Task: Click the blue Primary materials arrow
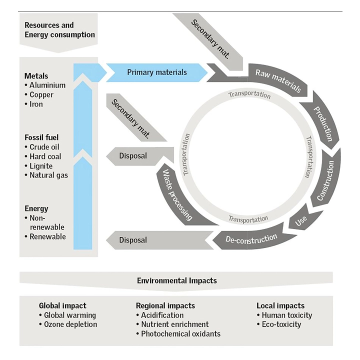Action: (156, 72)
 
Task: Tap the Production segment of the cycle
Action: (322, 122)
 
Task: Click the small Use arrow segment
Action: (301, 220)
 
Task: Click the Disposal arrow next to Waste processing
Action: (132, 156)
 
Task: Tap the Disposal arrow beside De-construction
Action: (133, 240)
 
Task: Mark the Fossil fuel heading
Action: (43, 137)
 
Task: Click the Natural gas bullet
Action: (48, 175)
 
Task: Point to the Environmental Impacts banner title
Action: (176, 280)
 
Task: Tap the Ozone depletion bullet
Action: (70, 324)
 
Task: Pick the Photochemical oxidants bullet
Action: (180, 334)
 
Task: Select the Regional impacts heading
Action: (165, 305)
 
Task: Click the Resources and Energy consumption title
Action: (59, 30)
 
